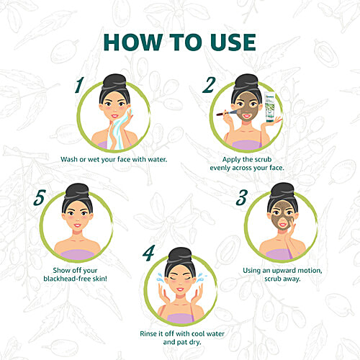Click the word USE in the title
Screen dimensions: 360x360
point(233,42)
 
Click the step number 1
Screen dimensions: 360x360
point(79,85)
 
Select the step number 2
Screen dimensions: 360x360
point(209,85)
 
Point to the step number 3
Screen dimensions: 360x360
point(241,198)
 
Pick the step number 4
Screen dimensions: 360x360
point(149,253)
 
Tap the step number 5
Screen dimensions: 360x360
point(40,198)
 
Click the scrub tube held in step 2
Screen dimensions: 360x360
point(271,107)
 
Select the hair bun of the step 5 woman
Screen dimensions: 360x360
point(77,192)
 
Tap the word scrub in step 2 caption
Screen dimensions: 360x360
point(263,159)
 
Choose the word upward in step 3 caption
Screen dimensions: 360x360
point(284,271)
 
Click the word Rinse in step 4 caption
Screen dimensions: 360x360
point(148,333)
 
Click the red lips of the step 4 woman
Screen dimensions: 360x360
point(180,289)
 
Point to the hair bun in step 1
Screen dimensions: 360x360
point(114,82)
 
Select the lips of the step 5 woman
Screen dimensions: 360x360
point(77,225)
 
